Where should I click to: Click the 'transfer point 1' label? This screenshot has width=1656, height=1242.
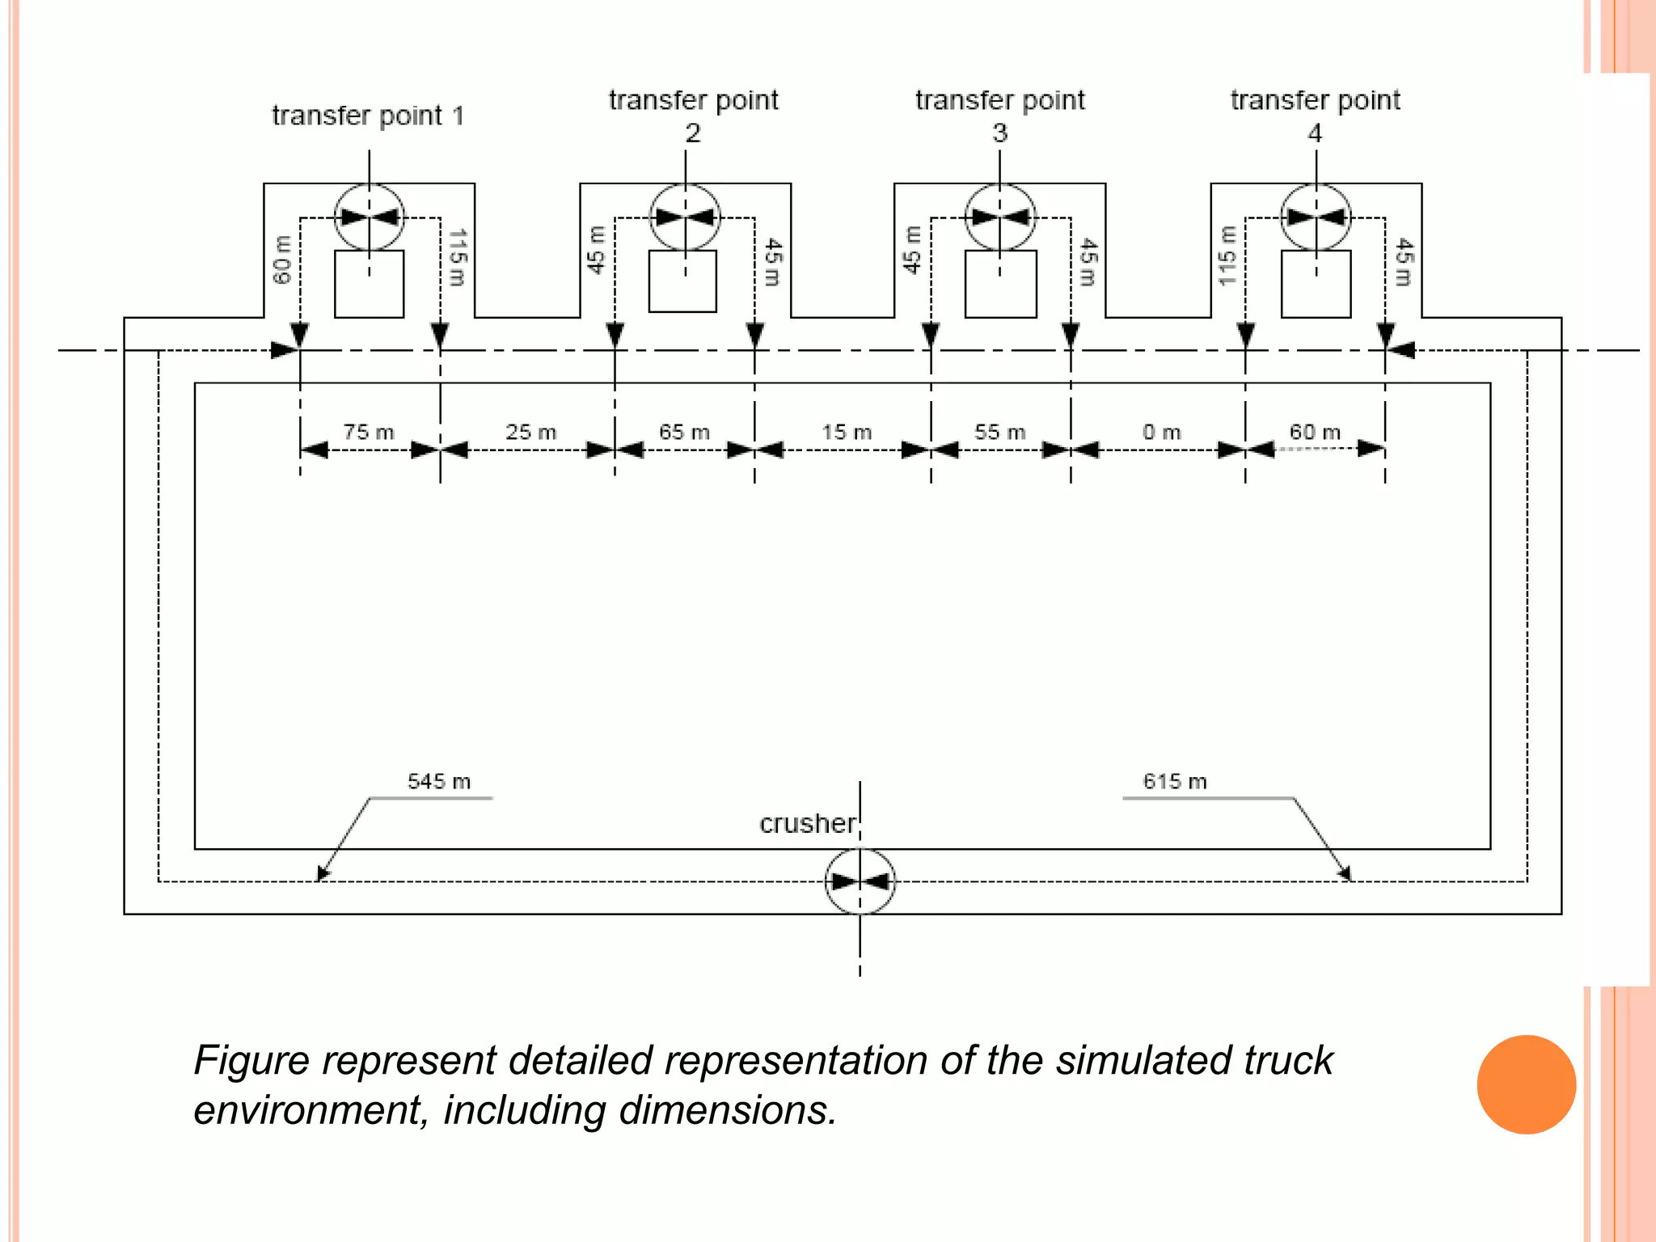[x=368, y=116]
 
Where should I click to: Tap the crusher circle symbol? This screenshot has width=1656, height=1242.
[x=860, y=881]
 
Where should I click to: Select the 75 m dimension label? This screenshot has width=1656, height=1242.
[x=369, y=432]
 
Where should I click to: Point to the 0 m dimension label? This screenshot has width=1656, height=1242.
[x=1161, y=433]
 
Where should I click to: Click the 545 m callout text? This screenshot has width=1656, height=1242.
[x=439, y=781]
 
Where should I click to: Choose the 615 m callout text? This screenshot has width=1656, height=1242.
[x=1174, y=781]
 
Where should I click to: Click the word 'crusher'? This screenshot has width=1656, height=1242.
[x=807, y=823]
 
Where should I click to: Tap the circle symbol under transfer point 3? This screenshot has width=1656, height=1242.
[x=1000, y=217]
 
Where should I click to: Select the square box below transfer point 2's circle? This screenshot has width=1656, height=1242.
[x=682, y=281]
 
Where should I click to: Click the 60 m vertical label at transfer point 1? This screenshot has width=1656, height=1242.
[x=281, y=260]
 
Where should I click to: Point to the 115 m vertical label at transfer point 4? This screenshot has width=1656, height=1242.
[x=1227, y=256]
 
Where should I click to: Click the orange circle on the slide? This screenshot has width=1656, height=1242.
[x=1526, y=1084]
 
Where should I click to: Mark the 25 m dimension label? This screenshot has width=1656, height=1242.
[x=531, y=432]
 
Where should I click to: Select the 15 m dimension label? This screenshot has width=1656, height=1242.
[x=847, y=432]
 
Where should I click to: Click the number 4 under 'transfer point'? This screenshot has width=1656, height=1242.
[x=1315, y=133]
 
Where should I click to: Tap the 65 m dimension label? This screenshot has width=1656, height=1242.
[x=684, y=432]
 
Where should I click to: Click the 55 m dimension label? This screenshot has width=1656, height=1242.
[x=999, y=432]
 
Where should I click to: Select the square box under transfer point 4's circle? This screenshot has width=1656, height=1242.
[x=1316, y=284]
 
